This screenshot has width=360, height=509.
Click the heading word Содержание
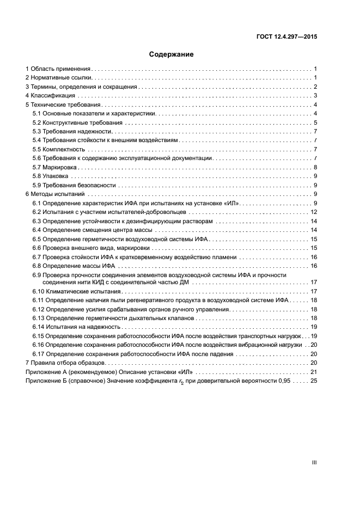[x=172, y=54]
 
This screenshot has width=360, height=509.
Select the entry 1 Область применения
[x=58, y=69]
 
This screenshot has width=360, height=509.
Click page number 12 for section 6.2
[x=313, y=212]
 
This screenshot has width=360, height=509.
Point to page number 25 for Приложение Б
[x=313, y=381]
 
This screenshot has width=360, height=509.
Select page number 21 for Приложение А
[x=313, y=371]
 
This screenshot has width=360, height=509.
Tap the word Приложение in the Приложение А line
[x=41, y=371]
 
